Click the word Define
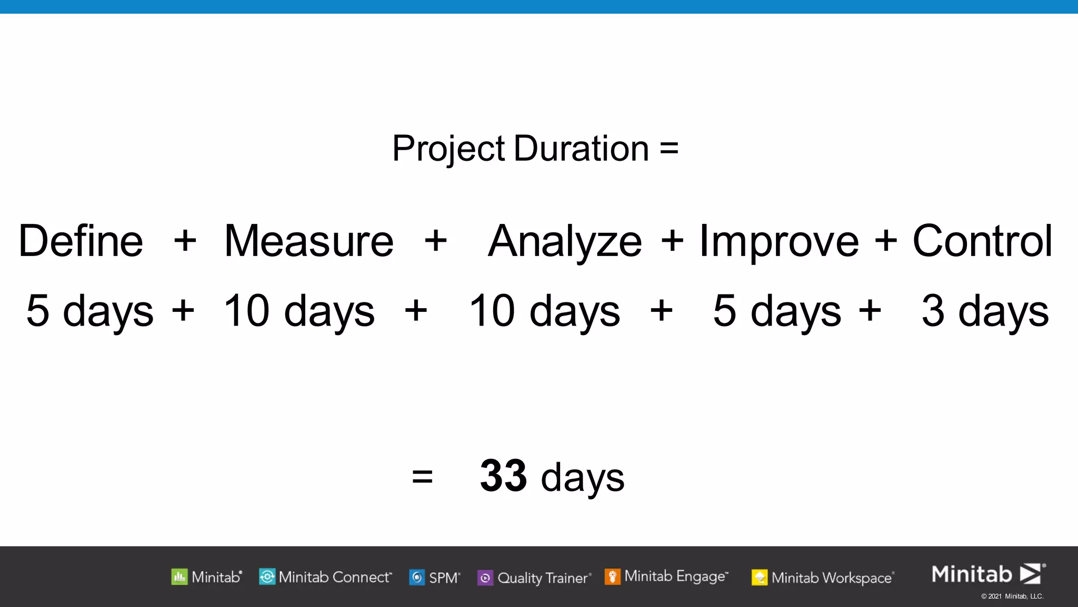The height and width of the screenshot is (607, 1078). click(81, 241)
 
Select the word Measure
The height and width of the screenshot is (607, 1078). click(309, 241)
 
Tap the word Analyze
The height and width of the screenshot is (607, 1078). click(565, 242)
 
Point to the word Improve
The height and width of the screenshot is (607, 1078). click(778, 242)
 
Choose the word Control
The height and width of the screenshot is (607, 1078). click(982, 241)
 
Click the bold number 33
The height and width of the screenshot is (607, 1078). click(503, 475)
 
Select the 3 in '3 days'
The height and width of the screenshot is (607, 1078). click(933, 310)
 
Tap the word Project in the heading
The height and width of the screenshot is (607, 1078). click(448, 149)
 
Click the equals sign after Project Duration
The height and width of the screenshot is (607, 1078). click(668, 149)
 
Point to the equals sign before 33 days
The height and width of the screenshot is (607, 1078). click(422, 477)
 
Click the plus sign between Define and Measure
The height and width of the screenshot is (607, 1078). click(185, 241)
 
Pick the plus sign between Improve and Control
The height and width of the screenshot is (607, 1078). click(885, 241)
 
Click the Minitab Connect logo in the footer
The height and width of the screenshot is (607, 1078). click(325, 577)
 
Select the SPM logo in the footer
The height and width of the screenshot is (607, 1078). click(435, 578)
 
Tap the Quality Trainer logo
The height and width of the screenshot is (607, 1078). click(534, 578)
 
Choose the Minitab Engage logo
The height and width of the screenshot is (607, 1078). click(666, 576)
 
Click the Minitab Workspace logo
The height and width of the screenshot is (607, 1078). click(823, 578)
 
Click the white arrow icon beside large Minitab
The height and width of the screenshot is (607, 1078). click(1031, 574)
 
